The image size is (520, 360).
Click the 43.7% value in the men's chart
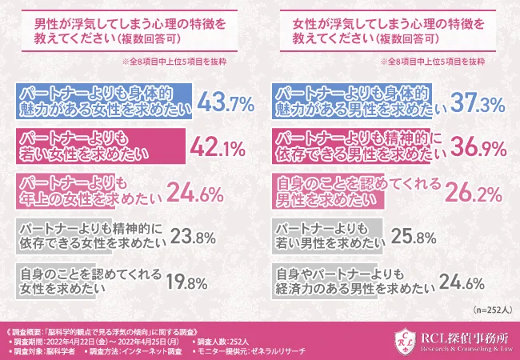pos(225,102)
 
